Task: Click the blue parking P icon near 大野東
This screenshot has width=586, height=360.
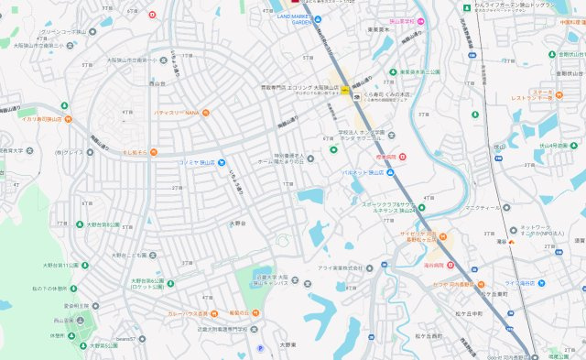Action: (259, 348)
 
